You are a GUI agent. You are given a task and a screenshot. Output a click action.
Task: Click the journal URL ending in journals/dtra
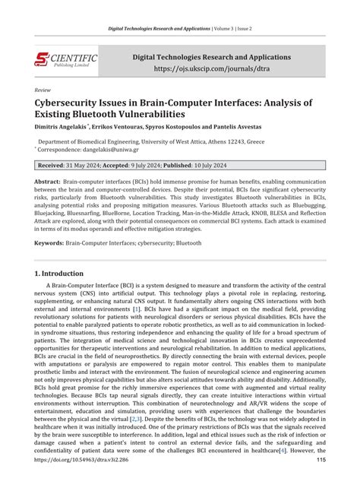pos(212,68)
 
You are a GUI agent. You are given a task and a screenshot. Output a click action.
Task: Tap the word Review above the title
pos(43,88)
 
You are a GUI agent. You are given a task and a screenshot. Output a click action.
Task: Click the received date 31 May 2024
pos(90,165)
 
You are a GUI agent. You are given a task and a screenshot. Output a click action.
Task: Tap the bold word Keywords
pos(49,243)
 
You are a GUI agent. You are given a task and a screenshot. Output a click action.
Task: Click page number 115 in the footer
pos(321,481)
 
